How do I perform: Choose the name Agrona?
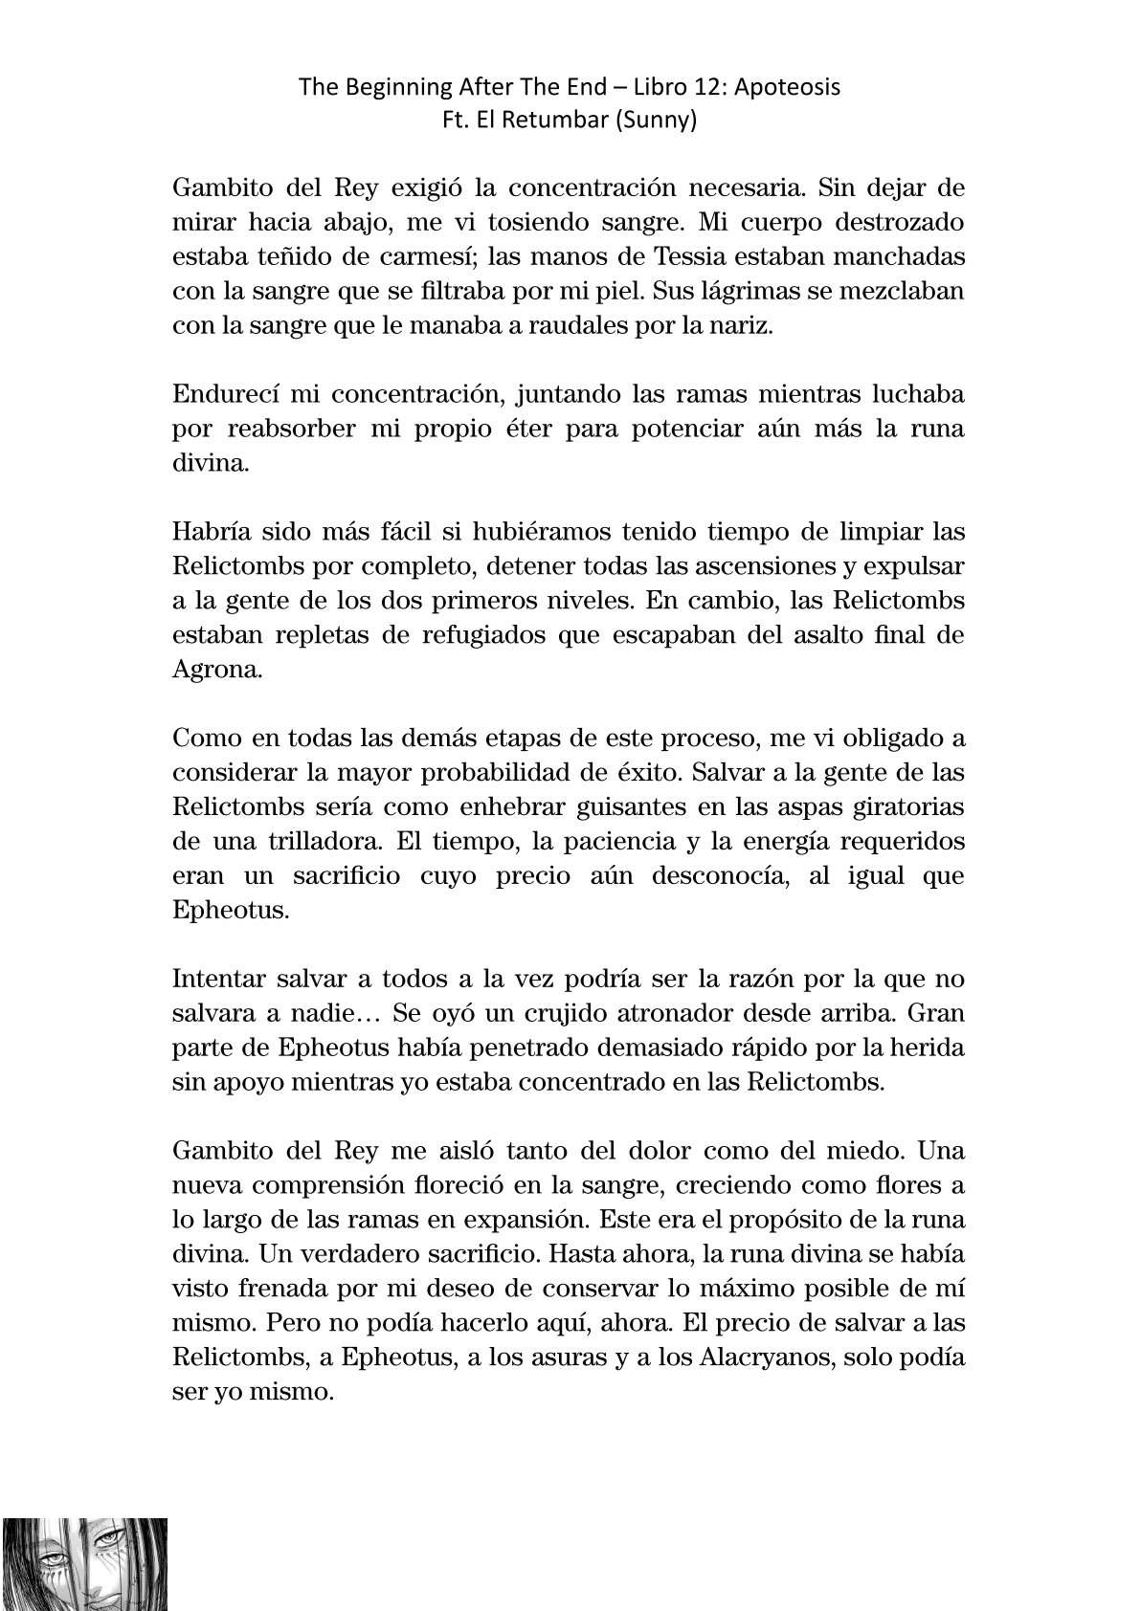pyautogui.click(x=216, y=670)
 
